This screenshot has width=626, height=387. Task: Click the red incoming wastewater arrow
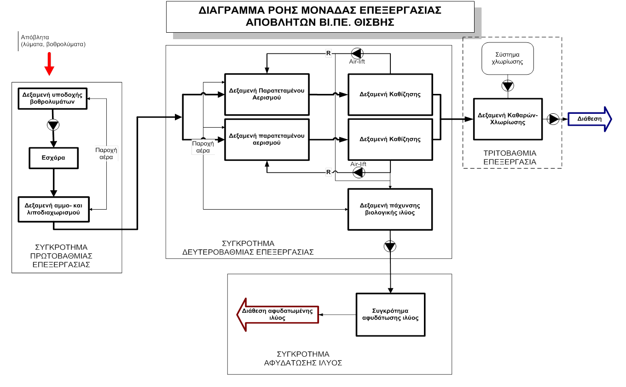coord(49,64)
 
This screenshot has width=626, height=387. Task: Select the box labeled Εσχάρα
coord(54,158)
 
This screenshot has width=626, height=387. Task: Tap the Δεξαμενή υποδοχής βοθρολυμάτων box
coord(52,99)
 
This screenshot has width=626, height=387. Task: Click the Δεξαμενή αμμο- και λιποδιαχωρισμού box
coord(54,209)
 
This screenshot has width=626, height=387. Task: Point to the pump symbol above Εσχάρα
coord(53,125)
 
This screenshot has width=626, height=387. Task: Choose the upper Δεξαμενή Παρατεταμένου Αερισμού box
coord(267,94)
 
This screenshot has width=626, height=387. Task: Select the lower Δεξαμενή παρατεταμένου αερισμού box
coord(267,139)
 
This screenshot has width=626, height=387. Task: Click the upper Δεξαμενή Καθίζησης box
coord(390,94)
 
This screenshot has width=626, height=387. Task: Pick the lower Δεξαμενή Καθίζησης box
coord(390,139)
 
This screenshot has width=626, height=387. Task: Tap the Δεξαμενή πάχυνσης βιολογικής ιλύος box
coord(390,209)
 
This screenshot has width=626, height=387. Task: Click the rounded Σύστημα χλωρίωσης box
coord(508,59)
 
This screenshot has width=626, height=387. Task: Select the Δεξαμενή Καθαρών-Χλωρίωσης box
coord(508,119)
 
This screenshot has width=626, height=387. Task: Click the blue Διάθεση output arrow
coord(590,119)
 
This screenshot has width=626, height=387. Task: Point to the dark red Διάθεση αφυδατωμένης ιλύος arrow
coord(278,315)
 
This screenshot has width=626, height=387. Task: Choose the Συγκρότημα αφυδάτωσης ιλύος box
coord(390,315)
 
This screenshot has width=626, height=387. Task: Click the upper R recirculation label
coord(328,53)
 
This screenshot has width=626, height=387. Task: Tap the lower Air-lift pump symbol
coord(359,172)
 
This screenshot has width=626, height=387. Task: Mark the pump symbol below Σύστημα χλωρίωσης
coord(508,86)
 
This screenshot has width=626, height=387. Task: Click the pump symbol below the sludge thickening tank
coord(390,246)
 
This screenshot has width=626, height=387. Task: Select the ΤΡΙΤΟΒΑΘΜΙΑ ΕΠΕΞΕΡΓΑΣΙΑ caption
coord(510,158)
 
